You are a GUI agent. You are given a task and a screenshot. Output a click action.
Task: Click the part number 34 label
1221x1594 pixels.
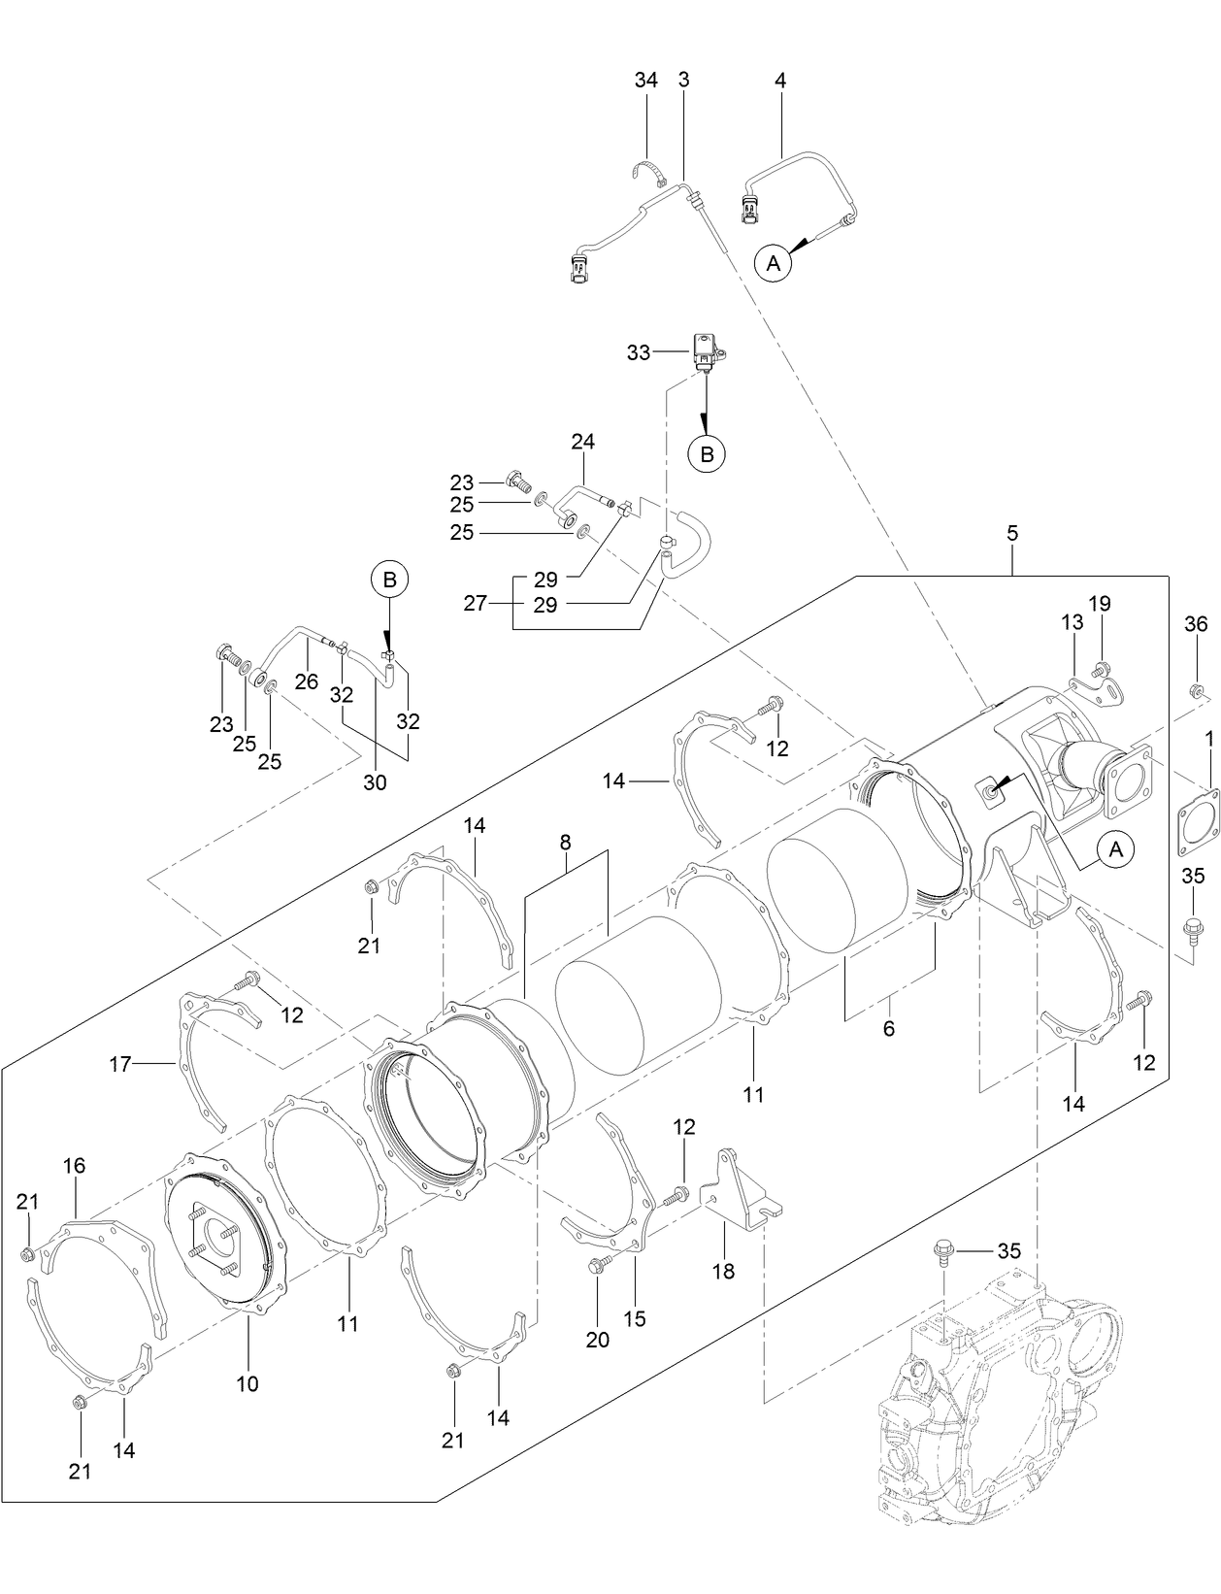(x=645, y=81)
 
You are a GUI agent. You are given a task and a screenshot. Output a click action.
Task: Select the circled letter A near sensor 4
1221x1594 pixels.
(x=774, y=262)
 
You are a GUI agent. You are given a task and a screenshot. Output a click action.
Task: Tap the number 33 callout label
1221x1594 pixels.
(x=638, y=353)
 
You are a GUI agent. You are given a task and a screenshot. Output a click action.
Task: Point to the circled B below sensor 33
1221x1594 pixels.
(x=707, y=452)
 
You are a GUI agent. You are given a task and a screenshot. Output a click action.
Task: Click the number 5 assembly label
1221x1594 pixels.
(x=1012, y=533)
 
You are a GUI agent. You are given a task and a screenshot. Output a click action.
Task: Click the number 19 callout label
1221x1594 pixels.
(x=1100, y=603)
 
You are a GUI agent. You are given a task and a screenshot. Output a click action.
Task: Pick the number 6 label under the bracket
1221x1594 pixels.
(x=888, y=1029)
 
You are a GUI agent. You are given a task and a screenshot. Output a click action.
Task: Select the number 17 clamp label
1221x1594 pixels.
(x=119, y=1065)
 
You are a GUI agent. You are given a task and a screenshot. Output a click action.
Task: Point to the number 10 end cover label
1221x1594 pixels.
(x=247, y=1383)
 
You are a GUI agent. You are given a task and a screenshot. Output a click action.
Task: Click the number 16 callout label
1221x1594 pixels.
(x=74, y=1166)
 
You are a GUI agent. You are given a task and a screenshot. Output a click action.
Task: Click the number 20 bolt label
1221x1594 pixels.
(x=597, y=1340)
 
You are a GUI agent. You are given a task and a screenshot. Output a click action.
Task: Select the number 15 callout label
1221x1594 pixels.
(x=635, y=1319)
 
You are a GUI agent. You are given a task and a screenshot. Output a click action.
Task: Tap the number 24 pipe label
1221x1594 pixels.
(x=582, y=442)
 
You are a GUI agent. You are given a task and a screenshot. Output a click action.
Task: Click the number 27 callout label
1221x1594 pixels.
(x=475, y=603)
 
